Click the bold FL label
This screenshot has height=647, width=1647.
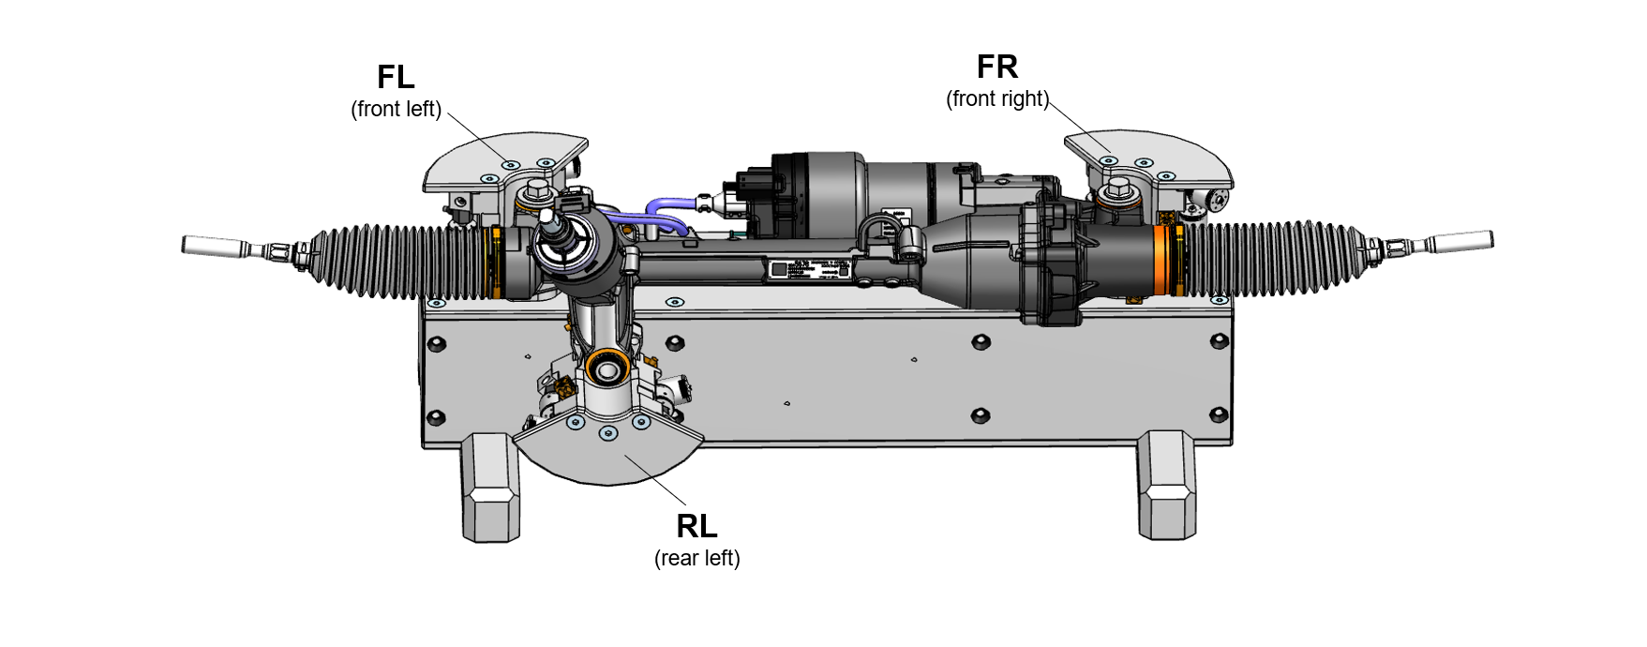click(x=396, y=77)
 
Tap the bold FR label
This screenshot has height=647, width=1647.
click(x=997, y=67)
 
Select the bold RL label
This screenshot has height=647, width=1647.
click(x=696, y=526)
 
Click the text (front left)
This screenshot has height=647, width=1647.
click(x=396, y=109)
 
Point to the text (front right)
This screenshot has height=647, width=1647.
click(x=997, y=98)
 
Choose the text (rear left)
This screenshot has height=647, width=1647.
click(x=696, y=558)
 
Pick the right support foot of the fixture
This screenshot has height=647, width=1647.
click(x=1166, y=485)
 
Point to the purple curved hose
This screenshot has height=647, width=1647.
click(x=656, y=216)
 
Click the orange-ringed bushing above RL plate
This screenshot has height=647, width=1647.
click(x=606, y=367)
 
